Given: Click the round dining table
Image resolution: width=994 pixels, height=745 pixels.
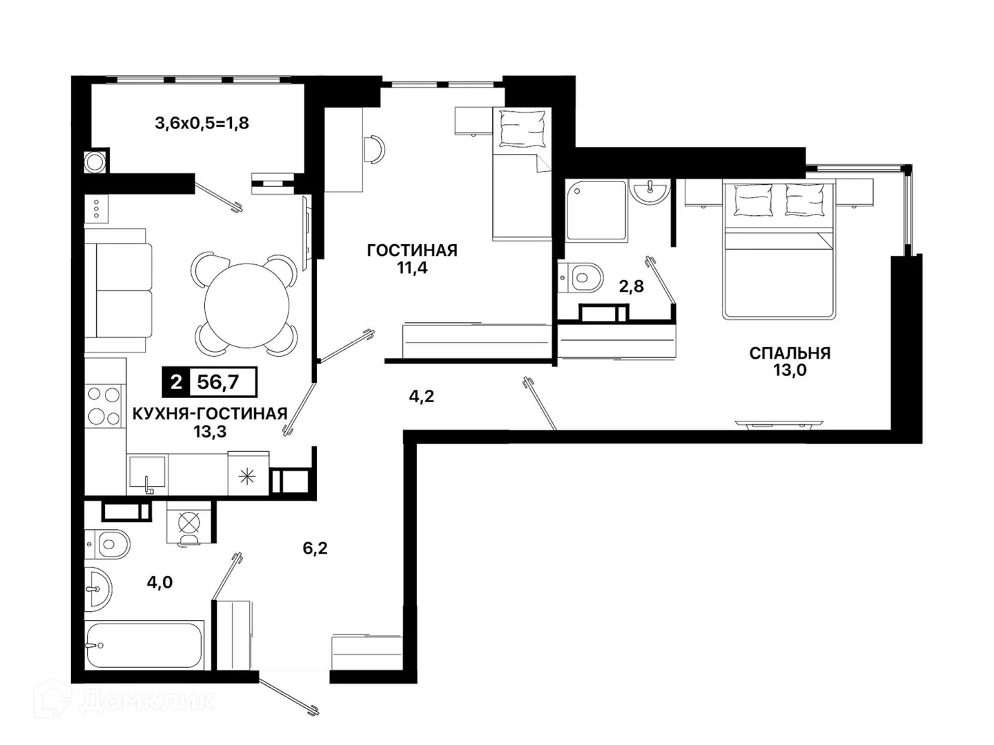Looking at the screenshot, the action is click(247, 306).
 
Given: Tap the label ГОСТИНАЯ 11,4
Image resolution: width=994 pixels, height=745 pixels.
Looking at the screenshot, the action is click(412, 259).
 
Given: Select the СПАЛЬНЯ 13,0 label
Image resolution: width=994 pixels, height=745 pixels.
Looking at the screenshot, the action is click(790, 361).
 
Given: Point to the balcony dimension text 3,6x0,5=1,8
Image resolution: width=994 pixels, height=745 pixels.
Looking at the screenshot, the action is click(202, 123).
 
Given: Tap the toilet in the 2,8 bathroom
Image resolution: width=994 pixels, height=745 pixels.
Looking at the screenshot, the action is click(581, 277).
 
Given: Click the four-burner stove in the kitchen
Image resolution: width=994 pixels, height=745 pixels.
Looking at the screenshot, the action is click(104, 406).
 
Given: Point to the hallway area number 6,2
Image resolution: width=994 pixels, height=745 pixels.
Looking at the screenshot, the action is click(315, 548).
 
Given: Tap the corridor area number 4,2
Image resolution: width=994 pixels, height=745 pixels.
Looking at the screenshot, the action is click(422, 397).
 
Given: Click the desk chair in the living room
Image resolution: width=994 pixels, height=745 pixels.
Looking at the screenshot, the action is click(376, 149).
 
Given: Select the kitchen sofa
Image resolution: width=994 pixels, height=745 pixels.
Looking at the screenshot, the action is click(119, 291).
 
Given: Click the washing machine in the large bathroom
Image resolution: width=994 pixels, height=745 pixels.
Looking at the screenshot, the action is click(188, 524).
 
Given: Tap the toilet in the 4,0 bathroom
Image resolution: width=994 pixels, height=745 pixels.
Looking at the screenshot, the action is click(108, 544).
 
